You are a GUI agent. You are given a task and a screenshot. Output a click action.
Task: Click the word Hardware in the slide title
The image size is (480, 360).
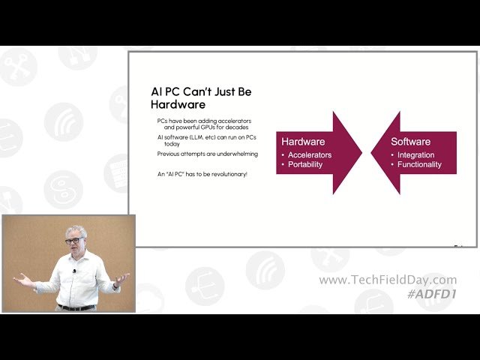[178, 104]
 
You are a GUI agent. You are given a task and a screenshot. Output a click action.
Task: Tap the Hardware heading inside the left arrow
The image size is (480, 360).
[302, 141]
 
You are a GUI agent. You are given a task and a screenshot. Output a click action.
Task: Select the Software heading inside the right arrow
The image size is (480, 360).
[410, 141]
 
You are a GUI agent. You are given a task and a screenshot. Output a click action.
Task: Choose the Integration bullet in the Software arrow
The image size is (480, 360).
[415, 154]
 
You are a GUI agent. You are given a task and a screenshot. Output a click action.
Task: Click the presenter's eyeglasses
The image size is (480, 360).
[73, 241]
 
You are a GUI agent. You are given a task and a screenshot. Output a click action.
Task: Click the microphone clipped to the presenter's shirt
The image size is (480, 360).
[75, 271]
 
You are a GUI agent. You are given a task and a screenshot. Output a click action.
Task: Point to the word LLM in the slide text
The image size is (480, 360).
[199, 138]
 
